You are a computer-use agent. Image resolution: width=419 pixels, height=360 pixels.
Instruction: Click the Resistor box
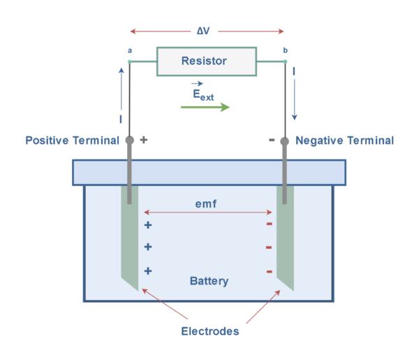(x=204, y=62)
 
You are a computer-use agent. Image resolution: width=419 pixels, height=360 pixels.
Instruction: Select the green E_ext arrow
(x=205, y=107)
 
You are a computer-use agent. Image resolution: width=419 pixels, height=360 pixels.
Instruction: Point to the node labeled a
(x=130, y=62)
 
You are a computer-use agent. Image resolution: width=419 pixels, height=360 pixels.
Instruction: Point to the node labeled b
(x=284, y=62)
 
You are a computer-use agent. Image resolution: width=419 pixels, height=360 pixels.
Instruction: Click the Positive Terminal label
(x=72, y=141)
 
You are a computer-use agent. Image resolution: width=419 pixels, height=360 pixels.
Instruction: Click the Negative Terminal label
(x=344, y=141)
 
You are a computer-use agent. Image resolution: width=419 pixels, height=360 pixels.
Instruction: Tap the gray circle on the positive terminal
(x=130, y=141)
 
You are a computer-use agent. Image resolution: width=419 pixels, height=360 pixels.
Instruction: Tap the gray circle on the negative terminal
(x=284, y=142)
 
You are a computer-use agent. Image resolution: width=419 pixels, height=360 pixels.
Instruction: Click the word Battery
(x=209, y=281)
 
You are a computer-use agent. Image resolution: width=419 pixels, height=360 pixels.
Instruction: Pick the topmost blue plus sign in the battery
(x=147, y=225)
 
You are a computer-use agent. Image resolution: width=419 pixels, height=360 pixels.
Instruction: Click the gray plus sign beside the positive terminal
(x=144, y=140)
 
